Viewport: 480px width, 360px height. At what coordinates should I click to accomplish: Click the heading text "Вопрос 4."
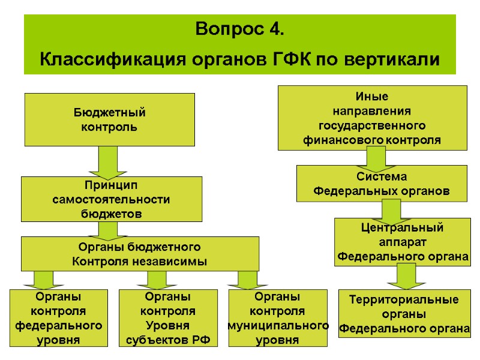point(240,29)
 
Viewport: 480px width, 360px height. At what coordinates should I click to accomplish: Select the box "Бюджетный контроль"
point(109,119)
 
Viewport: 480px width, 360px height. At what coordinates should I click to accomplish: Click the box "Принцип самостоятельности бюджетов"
point(111,199)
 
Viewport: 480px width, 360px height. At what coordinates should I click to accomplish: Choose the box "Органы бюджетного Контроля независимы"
point(140,254)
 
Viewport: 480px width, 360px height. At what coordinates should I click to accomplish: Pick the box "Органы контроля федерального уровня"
point(58,318)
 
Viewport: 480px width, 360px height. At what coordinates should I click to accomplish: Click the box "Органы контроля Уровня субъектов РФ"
point(167,318)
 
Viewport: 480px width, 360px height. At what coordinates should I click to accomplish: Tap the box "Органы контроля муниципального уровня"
point(278,318)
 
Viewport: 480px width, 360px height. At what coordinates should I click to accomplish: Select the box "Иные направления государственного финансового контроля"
point(372,118)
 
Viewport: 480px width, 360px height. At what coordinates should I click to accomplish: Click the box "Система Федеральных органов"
point(382,184)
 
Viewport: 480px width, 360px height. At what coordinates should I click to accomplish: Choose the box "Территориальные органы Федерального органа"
point(404,314)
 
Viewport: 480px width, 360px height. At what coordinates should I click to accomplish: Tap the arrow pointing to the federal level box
point(43,279)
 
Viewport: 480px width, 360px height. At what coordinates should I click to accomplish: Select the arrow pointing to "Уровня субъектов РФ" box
point(156,279)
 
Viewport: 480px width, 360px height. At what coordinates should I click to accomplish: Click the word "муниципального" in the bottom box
point(278,325)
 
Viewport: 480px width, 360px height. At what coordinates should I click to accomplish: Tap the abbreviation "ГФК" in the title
point(290,60)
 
